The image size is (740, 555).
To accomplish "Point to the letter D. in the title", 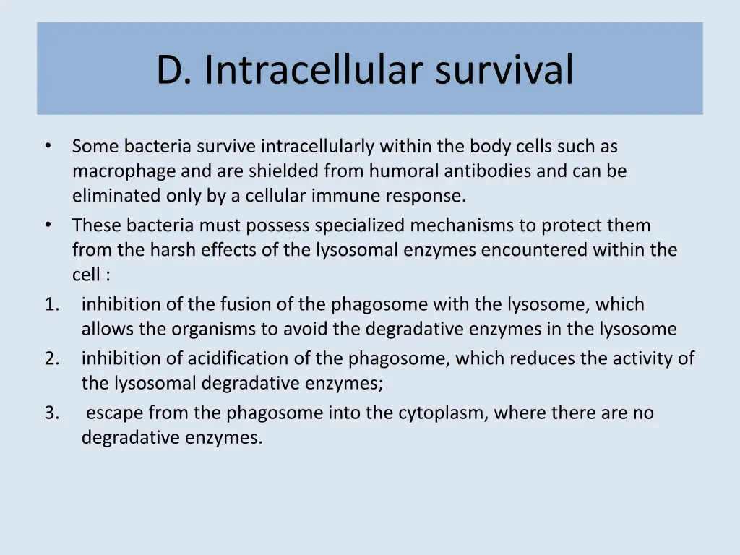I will tap(173, 70).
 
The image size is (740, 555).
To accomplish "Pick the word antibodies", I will tap(478, 171).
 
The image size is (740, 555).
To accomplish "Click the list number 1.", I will tap(51, 305).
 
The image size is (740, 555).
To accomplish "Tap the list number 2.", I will tap(51, 358).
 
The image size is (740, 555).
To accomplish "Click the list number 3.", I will tap(51, 413).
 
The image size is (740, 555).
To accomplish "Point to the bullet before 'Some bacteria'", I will tap(48, 147).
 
